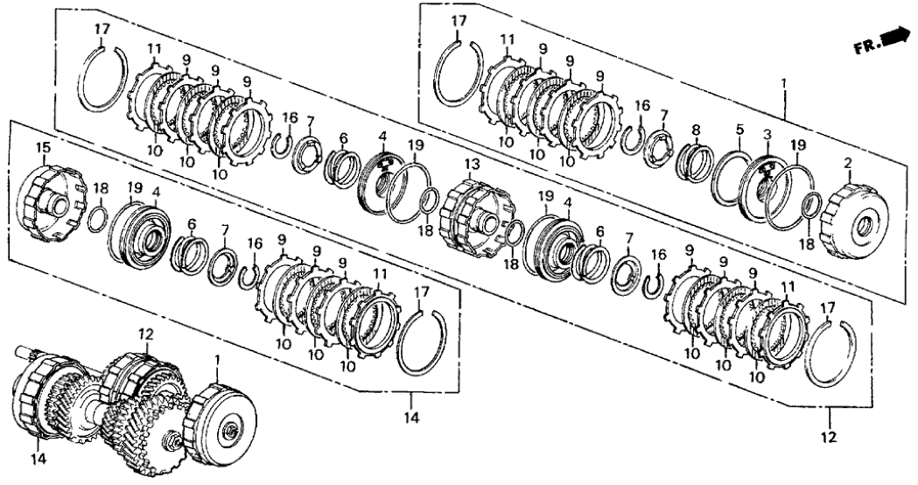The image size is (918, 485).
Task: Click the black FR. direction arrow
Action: click(894, 38)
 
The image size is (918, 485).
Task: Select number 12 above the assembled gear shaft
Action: click(145, 334)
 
